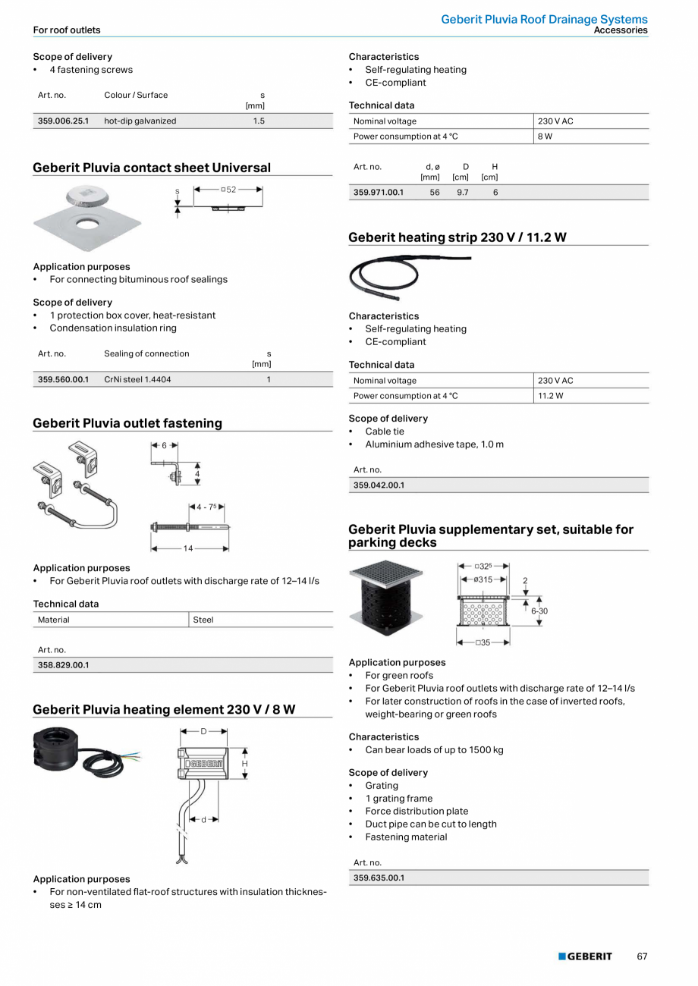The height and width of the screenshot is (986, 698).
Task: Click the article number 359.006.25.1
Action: [63, 121]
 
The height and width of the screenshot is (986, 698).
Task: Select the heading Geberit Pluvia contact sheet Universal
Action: [152, 168]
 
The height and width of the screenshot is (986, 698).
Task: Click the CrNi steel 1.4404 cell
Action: [137, 380]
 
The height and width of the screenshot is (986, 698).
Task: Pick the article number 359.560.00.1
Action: [63, 380]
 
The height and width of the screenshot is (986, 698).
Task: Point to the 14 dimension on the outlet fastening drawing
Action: [187, 548]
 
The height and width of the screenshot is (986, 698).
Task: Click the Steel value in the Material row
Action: [203, 620]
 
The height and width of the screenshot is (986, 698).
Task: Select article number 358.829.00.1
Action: [63, 665]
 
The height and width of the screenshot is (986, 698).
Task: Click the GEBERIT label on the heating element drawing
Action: [205, 764]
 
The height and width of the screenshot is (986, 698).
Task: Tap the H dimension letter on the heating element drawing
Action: [244, 764]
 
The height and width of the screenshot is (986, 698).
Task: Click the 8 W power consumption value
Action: [545, 137]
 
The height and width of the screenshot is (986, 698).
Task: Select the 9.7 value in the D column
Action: [462, 193]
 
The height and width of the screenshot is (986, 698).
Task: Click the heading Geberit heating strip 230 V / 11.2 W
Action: [457, 237]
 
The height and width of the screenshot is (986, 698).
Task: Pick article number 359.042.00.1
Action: [379, 485]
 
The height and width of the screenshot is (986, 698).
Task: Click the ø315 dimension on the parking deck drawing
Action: [483, 579]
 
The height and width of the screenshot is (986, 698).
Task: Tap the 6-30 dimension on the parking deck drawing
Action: [539, 611]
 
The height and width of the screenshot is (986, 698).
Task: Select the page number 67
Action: [642, 956]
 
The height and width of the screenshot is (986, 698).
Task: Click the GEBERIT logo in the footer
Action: [585, 956]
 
